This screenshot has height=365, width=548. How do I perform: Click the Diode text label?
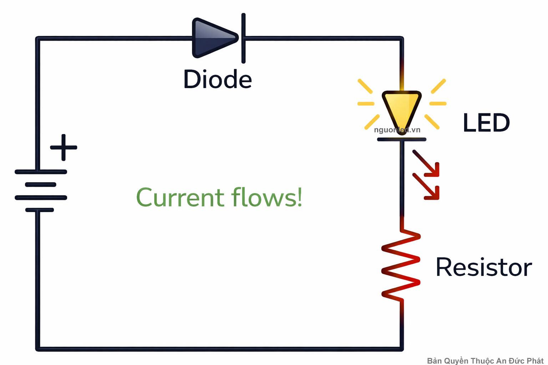pyautogui.click(x=217, y=79)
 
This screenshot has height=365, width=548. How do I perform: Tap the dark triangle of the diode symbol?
pyautogui.click(x=212, y=38)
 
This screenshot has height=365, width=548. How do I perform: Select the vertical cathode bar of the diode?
pyautogui.click(x=243, y=38)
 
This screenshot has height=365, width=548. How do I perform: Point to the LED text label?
pyautogui.click(x=486, y=123)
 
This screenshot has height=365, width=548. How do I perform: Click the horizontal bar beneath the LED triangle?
pyautogui.click(x=402, y=139)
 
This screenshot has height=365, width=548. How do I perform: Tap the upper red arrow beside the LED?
pyautogui.click(x=427, y=164)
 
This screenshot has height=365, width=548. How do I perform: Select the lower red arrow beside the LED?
pyautogui.click(x=427, y=187)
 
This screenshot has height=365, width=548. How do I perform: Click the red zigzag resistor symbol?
pyautogui.click(x=401, y=266)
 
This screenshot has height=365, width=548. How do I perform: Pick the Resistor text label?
pyautogui.click(x=483, y=267)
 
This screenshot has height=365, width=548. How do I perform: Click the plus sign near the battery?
pyautogui.click(x=64, y=147)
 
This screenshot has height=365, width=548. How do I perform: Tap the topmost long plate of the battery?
pyautogui.click(x=41, y=172)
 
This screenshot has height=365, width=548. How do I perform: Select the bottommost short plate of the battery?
pyautogui.click(x=40, y=210)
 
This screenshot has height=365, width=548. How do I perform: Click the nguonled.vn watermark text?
pyautogui.click(x=397, y=130)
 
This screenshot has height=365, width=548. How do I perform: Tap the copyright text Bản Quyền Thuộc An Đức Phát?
pyautogui.click(x=485, y=361)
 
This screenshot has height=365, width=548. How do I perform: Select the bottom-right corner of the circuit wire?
pyautogui.click(x=401, y=349)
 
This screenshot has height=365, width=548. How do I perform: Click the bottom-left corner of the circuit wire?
pyautogui.click(x=38, y=349)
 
